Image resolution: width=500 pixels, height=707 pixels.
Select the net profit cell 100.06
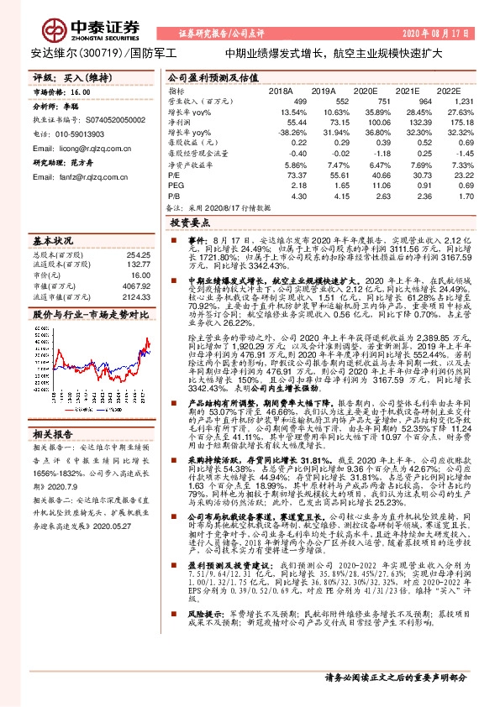click(366, 122)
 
